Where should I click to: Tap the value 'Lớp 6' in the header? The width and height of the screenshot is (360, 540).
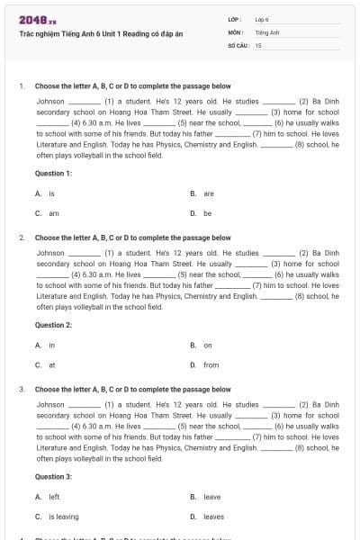[x=263, y=19]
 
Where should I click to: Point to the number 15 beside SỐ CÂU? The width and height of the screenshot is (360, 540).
[x=258, y=44]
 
